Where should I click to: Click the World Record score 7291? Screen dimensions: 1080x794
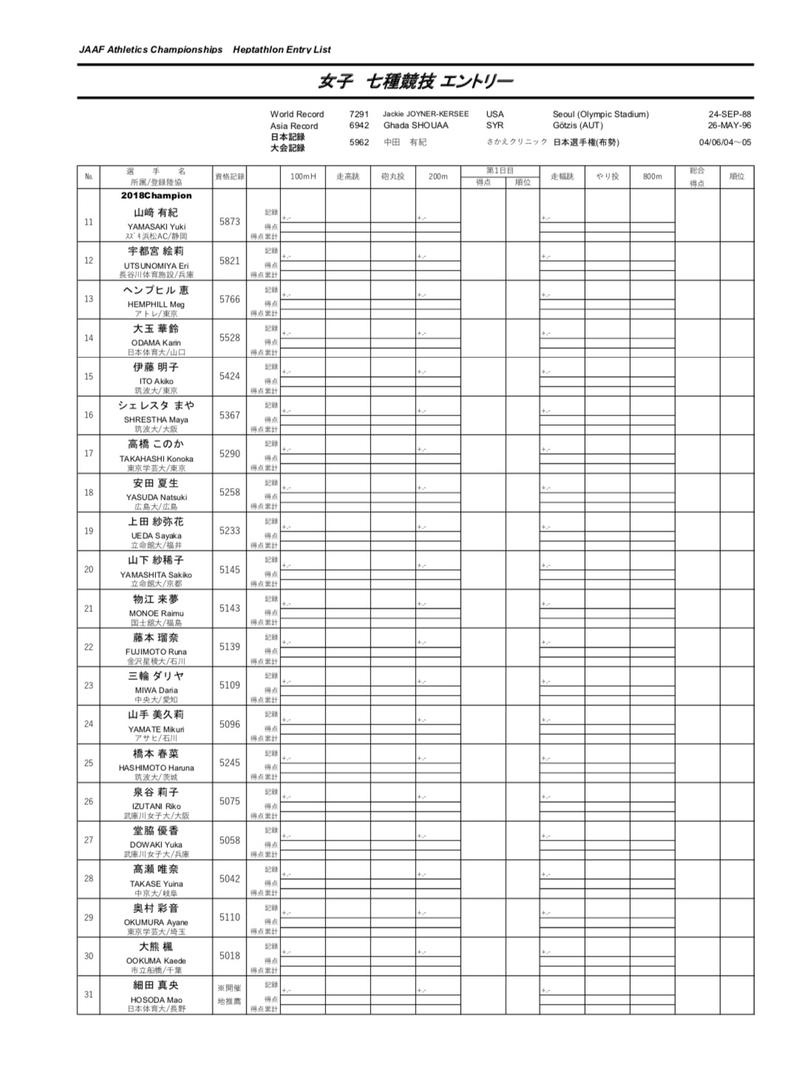[359, 114]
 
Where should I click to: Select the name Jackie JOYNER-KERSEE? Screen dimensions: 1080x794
[425, 114]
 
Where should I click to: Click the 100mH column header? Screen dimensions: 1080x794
[303, 177]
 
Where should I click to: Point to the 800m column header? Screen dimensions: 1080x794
[652, 177]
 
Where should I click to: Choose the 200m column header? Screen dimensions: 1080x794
[438, 177]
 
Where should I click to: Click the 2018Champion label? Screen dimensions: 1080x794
[156, 196]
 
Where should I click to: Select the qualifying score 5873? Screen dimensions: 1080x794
[229, 222]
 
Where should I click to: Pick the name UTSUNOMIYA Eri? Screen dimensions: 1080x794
[156, 265]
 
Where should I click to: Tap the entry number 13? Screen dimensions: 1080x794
[89, 299]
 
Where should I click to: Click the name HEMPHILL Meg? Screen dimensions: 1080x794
[156, 304]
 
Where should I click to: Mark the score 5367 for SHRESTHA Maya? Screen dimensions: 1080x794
[229, 415]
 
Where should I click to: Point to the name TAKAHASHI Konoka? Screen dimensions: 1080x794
[156, 458]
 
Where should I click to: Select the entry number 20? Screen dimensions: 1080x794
[89, 570]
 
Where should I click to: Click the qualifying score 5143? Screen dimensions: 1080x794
[229, 608]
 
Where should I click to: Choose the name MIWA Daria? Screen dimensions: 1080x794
[156, 690]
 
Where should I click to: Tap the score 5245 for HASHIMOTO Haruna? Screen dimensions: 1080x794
[229, 763]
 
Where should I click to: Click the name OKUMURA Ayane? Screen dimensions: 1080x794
[156, 923]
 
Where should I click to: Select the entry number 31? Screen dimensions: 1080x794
[89, 994]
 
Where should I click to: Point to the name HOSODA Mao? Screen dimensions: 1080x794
[156, 999]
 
